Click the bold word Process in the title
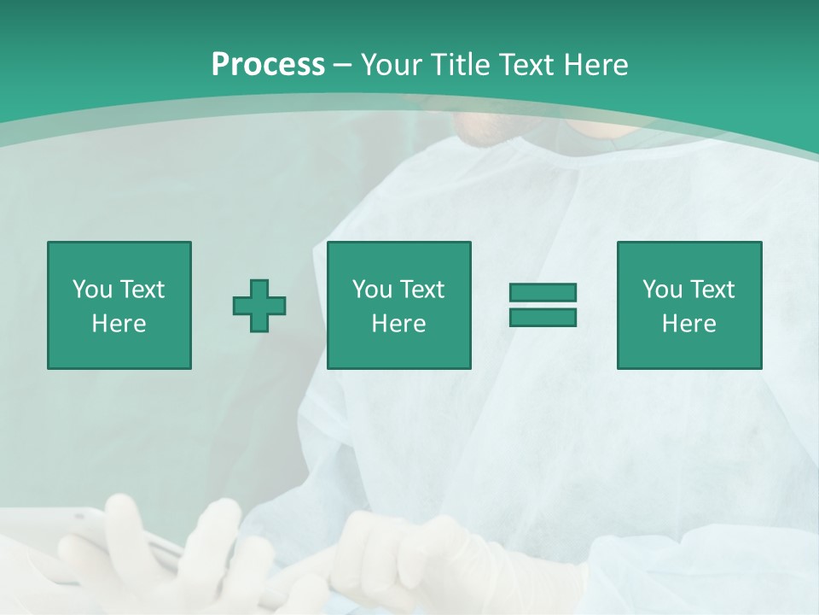(268, 64)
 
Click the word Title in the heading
(461, 64)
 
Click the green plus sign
(259, 305)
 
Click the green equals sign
(543, 305)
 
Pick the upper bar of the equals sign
(543, 293)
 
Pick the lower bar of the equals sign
(543, 317)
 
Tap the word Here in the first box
(119, 324)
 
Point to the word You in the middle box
(372, 290)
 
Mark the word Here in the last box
(689, 324)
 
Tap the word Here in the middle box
(399, 324)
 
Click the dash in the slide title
(342, 65)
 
